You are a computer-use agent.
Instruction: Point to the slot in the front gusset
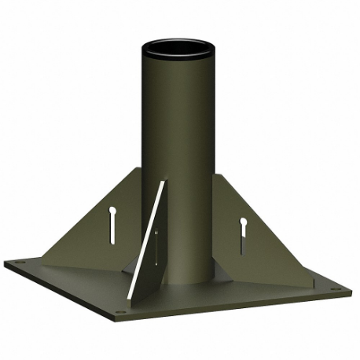pyautogui.click(x=156, y=248)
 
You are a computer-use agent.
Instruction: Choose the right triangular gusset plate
pyautogui.click(x=252, y=236)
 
